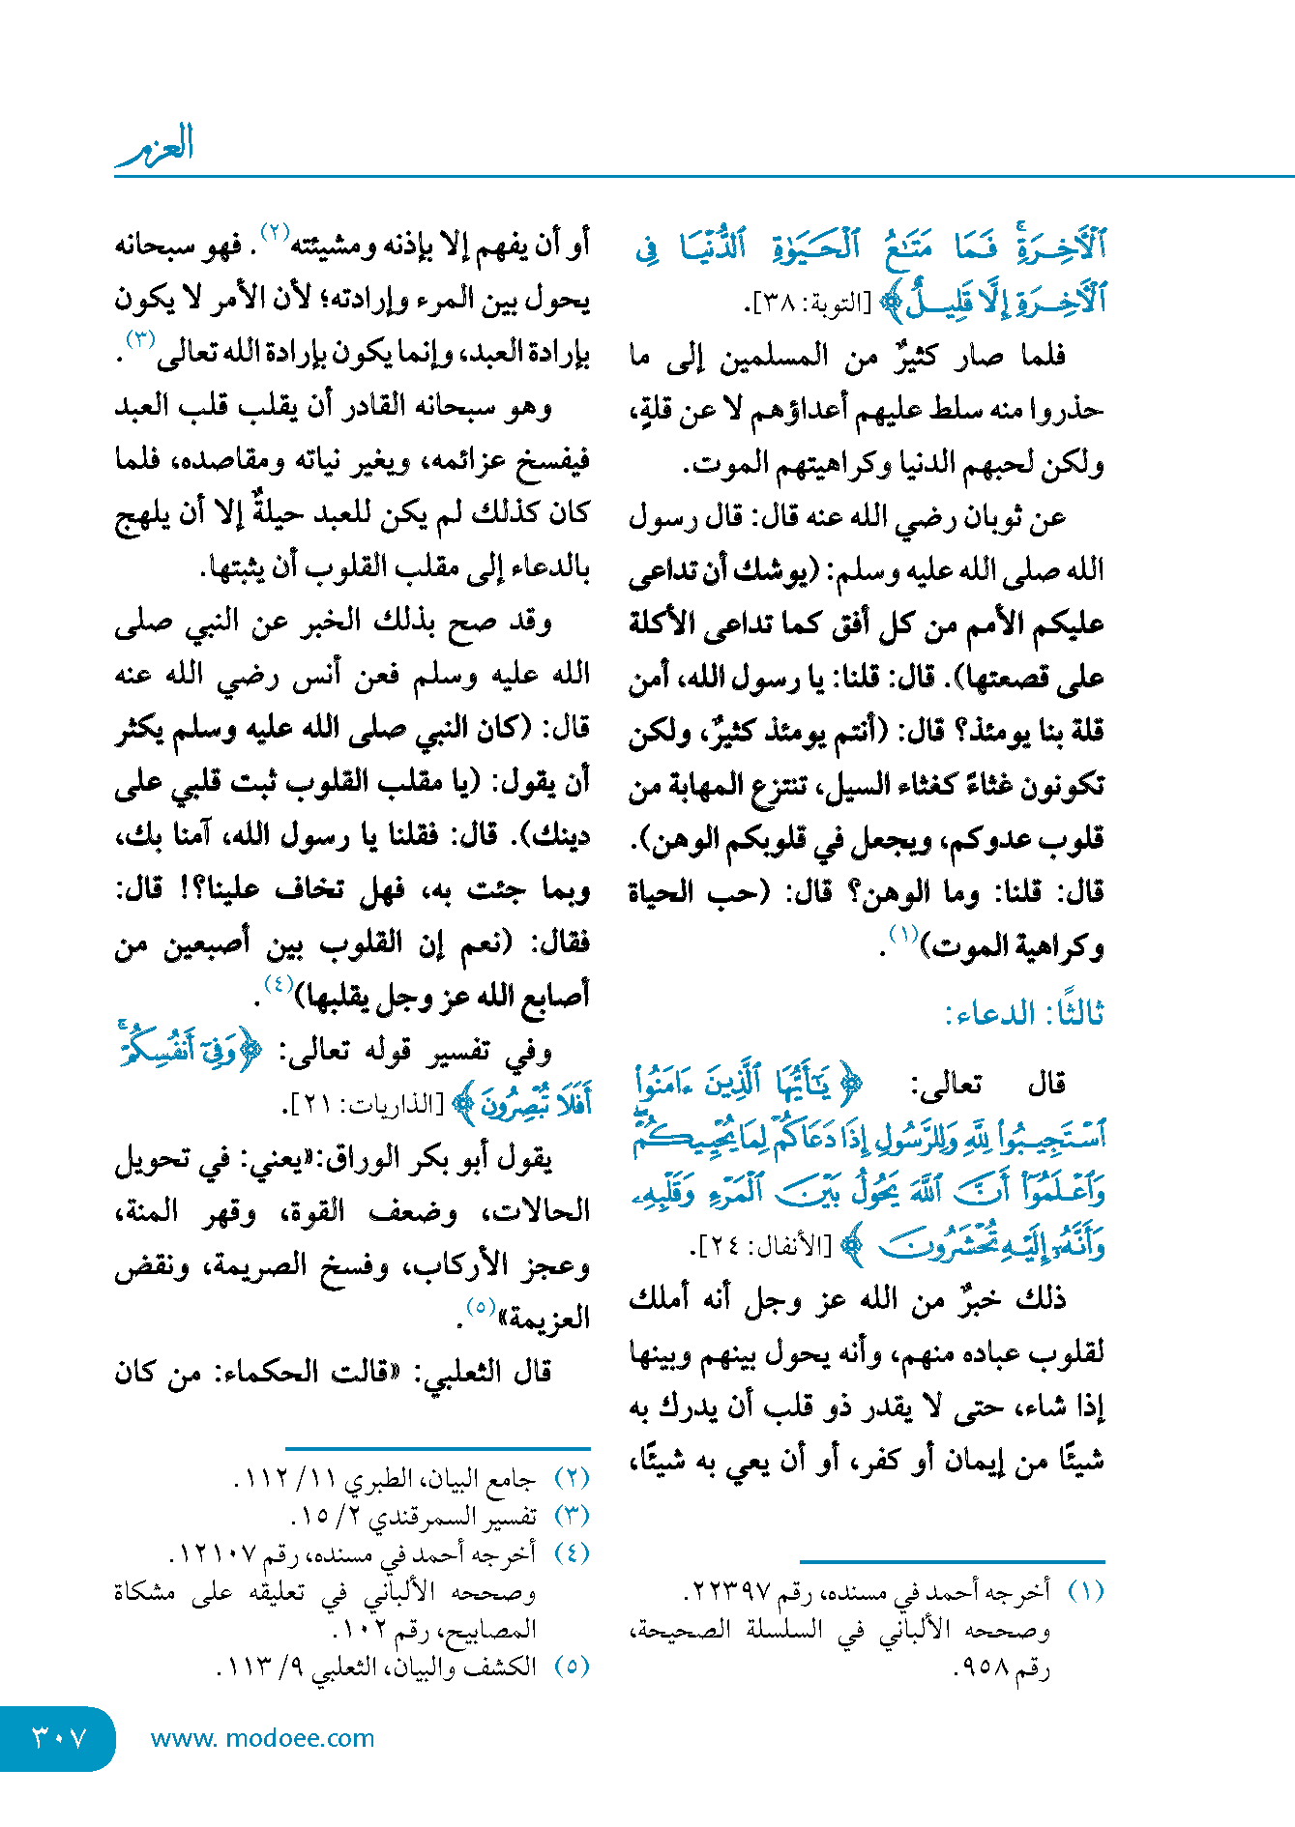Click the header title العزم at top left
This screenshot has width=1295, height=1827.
click(156, 146)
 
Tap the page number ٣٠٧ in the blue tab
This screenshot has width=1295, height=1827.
click(60, 1737)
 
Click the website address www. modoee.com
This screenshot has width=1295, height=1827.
click(262, 1738)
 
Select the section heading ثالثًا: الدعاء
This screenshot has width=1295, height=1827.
click(1024, 1014)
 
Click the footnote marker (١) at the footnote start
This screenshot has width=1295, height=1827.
click(1085, 1591)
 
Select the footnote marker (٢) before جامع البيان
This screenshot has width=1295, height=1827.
click(572, 1478)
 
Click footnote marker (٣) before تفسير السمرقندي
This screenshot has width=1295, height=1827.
click(572, 1516)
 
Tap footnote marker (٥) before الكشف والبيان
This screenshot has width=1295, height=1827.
click(572, 1667)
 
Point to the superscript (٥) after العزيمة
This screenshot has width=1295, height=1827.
click(481, 1307)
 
